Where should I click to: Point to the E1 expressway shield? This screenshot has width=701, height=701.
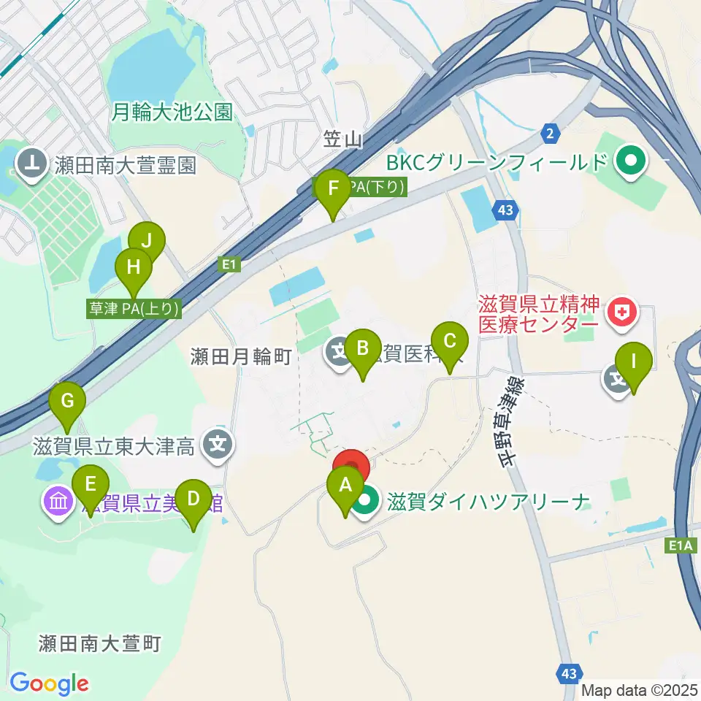tap(229, 264)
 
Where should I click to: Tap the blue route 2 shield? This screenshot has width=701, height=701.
tap(550, 133)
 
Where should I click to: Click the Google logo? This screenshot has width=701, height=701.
tap(49, 683)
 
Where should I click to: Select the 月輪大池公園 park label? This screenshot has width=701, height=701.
tap(172, 112)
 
